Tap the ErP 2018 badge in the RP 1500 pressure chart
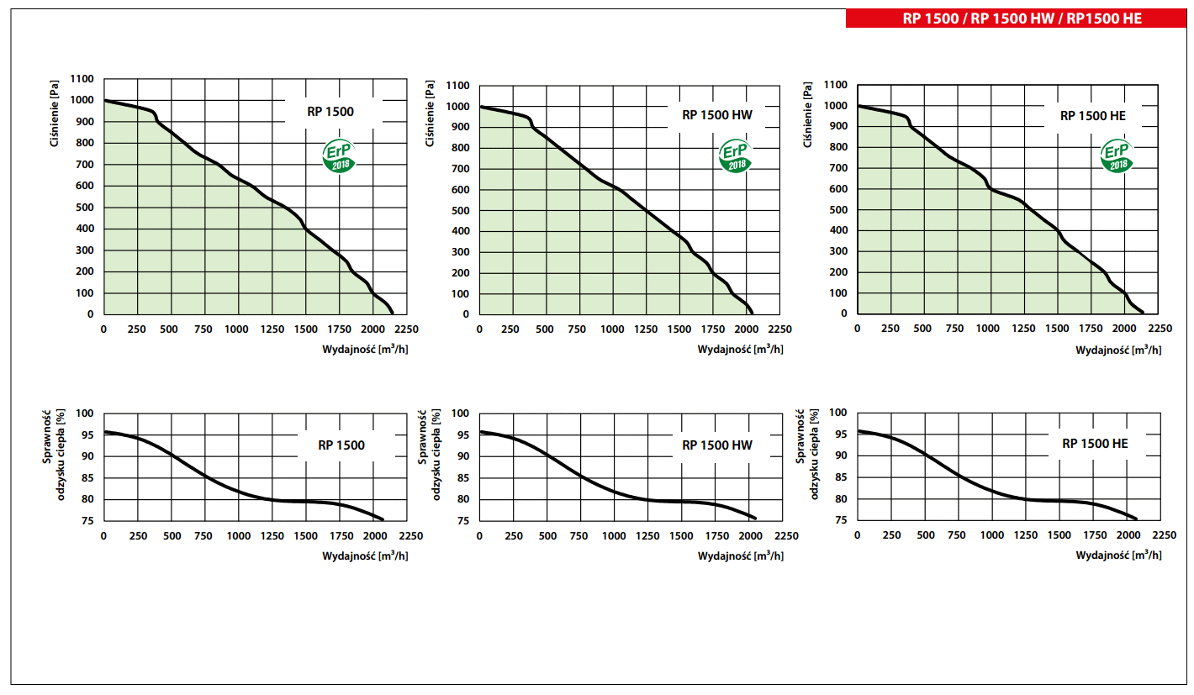[340, 156]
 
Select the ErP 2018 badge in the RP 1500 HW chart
[735, 156]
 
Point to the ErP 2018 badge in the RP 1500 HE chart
[1117, 156]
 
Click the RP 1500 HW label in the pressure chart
[717, 116]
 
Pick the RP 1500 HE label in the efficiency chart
[1095, 443]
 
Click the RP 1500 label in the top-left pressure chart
[330, 111]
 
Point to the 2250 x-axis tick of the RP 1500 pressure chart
[408, 329]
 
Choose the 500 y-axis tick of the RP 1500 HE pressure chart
[837, 209]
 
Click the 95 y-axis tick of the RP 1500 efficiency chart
[86, 434]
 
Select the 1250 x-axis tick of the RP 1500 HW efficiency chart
[648, 536]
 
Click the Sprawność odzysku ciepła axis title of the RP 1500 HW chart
[431, 454]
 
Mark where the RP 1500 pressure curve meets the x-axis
[393, 313]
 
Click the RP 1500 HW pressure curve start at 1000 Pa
[480, 107]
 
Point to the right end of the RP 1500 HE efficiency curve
[1136, 519]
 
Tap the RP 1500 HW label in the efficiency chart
[717, 445]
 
